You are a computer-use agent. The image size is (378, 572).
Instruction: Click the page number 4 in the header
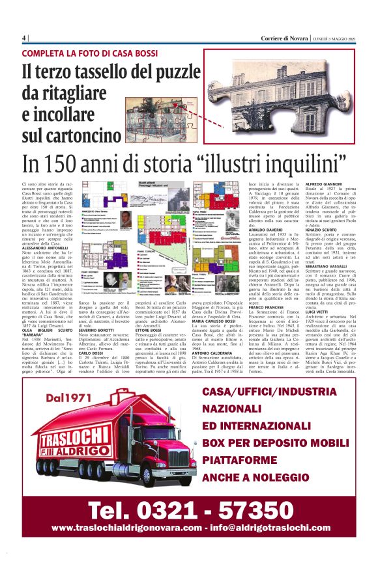(24, 37)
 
